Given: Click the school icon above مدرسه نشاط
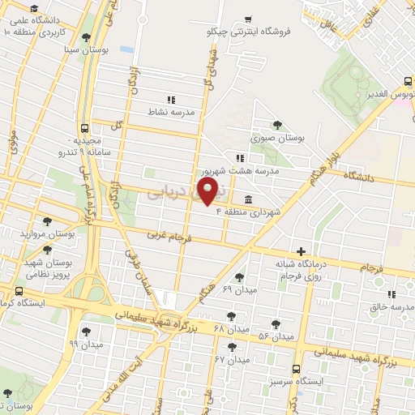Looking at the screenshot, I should pyautogui.click(x=170, y=99).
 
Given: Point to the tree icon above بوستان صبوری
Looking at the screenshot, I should pyautogui.click(x=278, y=125).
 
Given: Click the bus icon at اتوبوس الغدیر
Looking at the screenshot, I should pyautogui.click(x=408, y=81).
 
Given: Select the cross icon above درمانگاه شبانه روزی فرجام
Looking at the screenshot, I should pyautogui.click(x=302, y=251).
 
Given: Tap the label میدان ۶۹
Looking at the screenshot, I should pyautogui.click(x=238, y=289).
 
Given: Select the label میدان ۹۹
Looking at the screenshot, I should pyautogui.click(x=86, y=344).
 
